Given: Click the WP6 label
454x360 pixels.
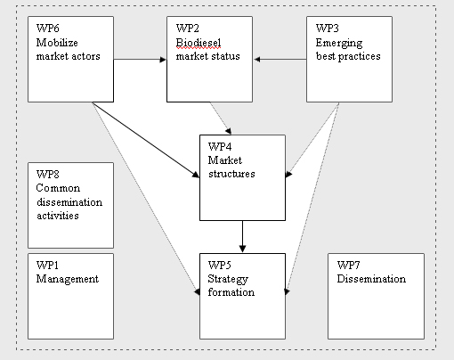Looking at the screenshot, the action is point(48,29).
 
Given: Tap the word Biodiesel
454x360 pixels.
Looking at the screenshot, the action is point(199,43).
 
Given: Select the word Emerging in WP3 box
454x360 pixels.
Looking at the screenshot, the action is point(339,44).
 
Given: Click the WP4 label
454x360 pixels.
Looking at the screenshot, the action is point(220,146).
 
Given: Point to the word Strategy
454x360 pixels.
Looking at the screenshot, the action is point(228,279).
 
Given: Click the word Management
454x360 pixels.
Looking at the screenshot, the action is point(68,279).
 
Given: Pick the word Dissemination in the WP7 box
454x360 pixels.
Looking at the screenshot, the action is point(371,279).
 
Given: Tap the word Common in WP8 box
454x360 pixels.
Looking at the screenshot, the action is point(58,188).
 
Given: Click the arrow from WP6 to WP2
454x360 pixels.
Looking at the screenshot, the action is point(140,60).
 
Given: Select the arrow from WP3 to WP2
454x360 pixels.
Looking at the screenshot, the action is point(280,60).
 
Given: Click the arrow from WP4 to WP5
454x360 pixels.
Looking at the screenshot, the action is point(242,236).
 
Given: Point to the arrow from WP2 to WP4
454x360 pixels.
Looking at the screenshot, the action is point(221,119).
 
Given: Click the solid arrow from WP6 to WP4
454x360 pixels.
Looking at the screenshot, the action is point(146,140).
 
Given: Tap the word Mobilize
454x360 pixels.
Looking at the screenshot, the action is point(57,43).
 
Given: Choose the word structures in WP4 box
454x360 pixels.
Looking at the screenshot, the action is point(231,174).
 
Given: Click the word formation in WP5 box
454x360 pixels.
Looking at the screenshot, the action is point(231,292).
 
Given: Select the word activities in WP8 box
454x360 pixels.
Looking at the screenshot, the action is point(58,216).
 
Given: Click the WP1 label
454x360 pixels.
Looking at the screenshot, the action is point(47,265).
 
